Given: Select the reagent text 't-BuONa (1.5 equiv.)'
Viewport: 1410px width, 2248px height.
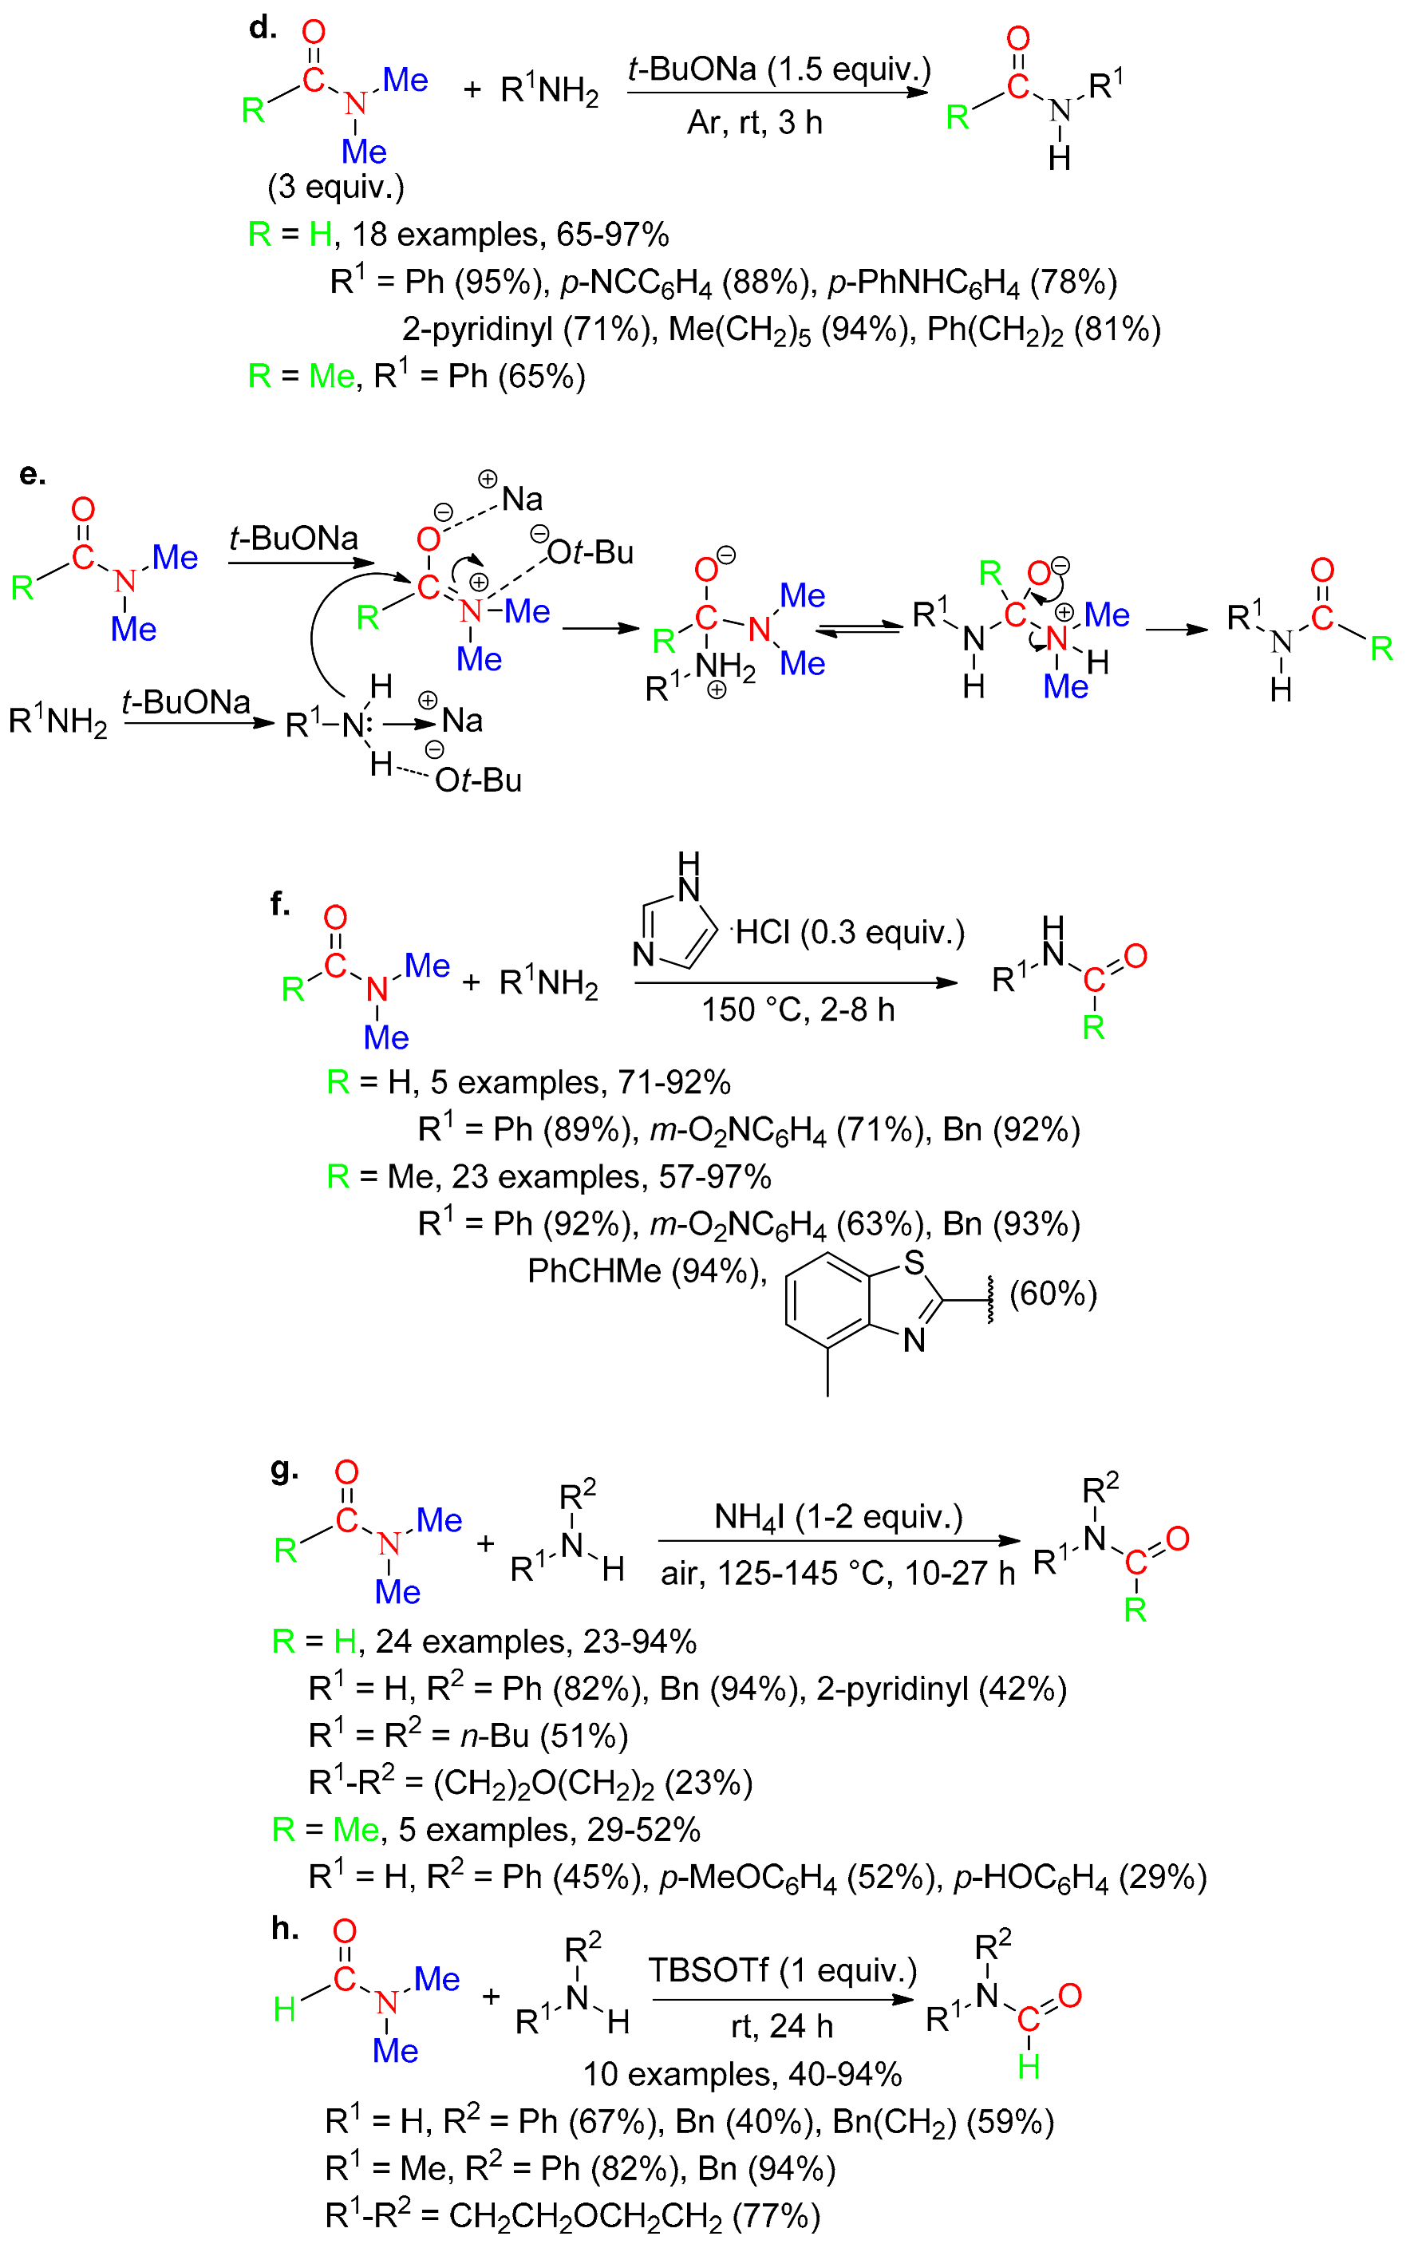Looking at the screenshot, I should (x=779, y=69).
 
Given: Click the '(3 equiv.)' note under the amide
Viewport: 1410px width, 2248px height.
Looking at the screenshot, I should (x=336, y=187).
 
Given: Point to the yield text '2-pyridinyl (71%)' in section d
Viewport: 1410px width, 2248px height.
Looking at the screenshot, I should (x=526, y=329).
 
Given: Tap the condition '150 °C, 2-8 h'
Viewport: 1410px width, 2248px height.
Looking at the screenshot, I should (x=797, y=1009).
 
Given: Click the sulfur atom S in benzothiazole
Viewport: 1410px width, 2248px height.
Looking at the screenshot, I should (x=914, y=1262).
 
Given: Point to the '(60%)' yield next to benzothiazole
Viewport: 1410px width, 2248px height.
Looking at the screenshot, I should (x=1053, y=1294).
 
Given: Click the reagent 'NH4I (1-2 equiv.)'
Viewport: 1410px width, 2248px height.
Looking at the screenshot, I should (x=837, y=1515).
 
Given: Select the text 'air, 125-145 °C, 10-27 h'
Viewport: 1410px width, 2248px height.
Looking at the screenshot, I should (x=836, y=1573).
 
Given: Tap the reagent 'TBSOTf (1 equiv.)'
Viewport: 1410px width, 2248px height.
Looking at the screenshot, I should (x=781, y=1969).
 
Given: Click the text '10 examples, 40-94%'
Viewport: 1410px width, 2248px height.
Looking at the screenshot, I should (x=741, y=2074).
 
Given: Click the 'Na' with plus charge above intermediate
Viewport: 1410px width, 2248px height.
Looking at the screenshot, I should (x=520, y=499).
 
